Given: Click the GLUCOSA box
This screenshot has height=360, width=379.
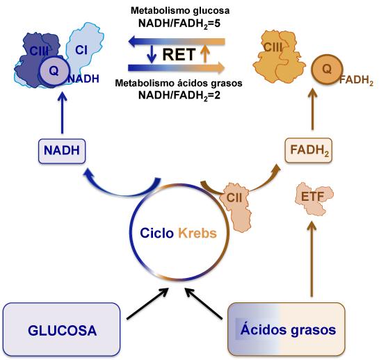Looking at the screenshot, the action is pyautogui.click(x=62, y=329).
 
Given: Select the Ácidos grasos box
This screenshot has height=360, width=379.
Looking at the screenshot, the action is pyautogui.click(x=287, y=329).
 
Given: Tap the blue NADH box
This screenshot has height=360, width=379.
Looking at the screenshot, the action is pyautogui.click(x=62, y=151).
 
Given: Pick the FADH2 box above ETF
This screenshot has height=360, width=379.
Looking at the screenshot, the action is pyautogui.click(x=309, y=150).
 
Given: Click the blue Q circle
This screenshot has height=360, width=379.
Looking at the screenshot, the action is pyautogui.click(x=54, y=71).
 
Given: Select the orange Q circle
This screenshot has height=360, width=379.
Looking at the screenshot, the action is pyautogui.click(x=327, y=69).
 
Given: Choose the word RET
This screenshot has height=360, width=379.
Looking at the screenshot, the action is pyautogui.click(x=179, y=54).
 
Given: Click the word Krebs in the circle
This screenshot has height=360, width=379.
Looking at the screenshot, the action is pyautogui.click(x=197, y=233).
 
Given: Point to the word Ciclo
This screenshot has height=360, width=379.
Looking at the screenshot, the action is pyautogui.click(x=156, y=233).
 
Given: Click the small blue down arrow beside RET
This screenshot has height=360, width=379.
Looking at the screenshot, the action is pyautogui.click(x=152, y=54).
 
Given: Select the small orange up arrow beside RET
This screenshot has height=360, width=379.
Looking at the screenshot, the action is pyautogui.click(x=205, y=54).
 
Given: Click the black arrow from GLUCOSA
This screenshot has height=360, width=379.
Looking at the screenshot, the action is pyautogui.click(x=147, y=304).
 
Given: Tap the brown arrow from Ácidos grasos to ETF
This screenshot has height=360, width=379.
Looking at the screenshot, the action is pyautogui.click(x=312, y=259).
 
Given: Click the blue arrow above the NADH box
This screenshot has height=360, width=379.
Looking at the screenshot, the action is pyautogui.click(x=63, y=113).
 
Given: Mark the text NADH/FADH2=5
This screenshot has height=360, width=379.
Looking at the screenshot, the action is pyautogui.click(x=179, y=24).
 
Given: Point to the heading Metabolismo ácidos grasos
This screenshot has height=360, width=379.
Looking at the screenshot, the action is pyautogui.click(x=179, y=83).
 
